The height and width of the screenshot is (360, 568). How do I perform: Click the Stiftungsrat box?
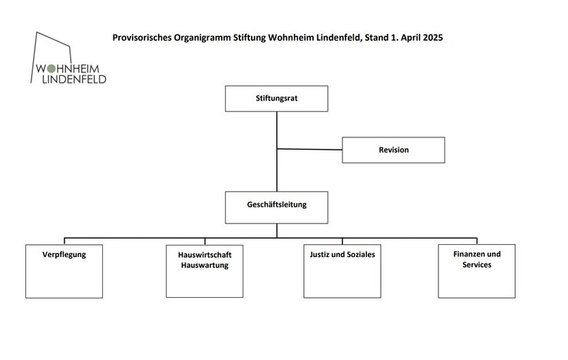pyautogui.click(x=276, y=98)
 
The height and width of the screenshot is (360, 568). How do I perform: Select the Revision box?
pyautogui.click(x=394, y=150)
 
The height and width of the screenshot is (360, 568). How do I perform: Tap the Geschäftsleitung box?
pyautogui.click(x=276, y=207)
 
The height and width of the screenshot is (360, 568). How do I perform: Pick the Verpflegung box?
pyautogui.click(x=64, y=271)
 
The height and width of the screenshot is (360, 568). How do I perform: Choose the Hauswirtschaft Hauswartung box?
pyautogui.click(x=205, y=271)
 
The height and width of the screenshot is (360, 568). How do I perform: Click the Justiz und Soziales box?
pyautogui.click(x=342, y=271)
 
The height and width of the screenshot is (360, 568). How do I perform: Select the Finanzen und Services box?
pyautogui.click(x=477, y=271)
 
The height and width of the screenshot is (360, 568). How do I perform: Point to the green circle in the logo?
pyautogui.click(x=51, y=68)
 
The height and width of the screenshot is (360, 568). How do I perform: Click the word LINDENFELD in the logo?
pyautogui.click(x=74, y=79)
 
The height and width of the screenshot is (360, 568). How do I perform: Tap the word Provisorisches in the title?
pyautogui.click(x=142, y=38)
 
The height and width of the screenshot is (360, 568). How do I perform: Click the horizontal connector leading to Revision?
pyautogui.click(x=310, y=149)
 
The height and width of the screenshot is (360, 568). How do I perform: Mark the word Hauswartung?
pyautogui.click(x=205, y=265)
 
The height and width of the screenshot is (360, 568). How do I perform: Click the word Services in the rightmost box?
pyautogui.click(x=477, y=265)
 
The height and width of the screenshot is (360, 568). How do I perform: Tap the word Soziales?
pyautogui.click(x=359, y=255)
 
